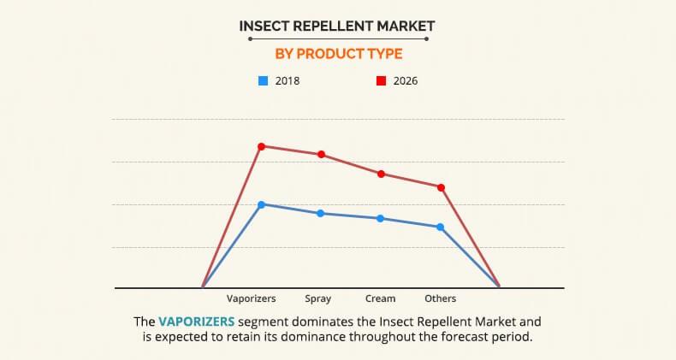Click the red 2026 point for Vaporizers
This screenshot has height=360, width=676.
[x=261, y=146]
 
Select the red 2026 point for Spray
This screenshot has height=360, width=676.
[x=321, y=155]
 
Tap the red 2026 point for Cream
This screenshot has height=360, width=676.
[x=381, y=174]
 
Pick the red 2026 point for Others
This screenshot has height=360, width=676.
[x=441, y=187]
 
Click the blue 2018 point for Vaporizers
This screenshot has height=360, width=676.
[x=261, y=204]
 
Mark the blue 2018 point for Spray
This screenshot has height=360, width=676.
[x=321, y=213]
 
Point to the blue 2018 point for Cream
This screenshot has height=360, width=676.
[x=381, y=218]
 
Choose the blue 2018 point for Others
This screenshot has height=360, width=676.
[x=441, y=227]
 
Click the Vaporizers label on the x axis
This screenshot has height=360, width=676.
[x=251, y=298]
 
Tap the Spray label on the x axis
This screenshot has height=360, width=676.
[x=317, y=298]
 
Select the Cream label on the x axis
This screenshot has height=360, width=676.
[x=380, y=298]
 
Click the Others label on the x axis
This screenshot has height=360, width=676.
[x=440, y=298]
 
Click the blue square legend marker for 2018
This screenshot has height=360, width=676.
[x=263, y=81]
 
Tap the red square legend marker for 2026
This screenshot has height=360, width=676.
[x=380, y=81]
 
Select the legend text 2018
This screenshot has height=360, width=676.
[x=288, y=81]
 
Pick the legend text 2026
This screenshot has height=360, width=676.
[x=405, y=81]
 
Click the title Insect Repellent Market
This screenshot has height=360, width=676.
[x=337, y=26]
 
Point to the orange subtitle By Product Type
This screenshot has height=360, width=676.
[x=337, y=54]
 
